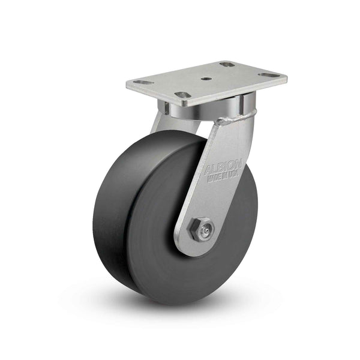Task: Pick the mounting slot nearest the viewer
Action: (x=181, y=95)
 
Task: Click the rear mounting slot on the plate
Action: (x=227, y=64)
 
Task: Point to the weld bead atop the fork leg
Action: (x=231, y=120)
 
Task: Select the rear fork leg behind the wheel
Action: (x=157, y=123)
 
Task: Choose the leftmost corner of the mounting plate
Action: (x=127, y=85)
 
